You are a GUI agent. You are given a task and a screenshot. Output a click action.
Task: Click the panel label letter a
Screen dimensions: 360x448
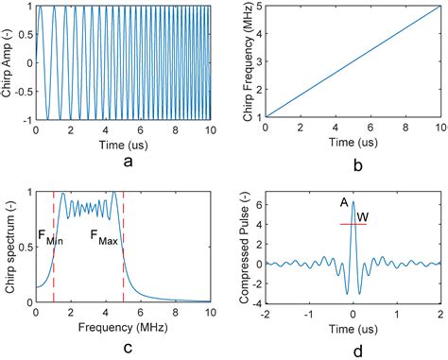(x=127, y=162)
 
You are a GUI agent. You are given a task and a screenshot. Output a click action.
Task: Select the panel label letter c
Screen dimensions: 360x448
(x=127, y=344)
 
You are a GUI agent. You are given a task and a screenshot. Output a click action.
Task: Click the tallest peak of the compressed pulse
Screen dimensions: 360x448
(x=353, y=203)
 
